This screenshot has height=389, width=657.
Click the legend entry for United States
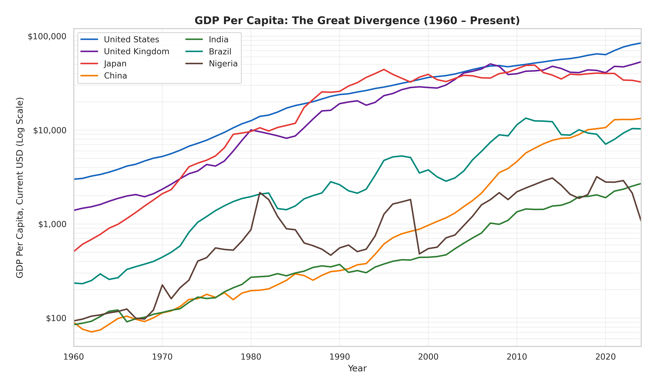131,40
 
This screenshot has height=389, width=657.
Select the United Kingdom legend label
136,52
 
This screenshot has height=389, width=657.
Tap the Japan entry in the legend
115,64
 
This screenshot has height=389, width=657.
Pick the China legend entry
115,76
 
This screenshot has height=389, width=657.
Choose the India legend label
218,40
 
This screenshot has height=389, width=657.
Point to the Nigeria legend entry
223,64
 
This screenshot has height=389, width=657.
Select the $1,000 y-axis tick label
52,224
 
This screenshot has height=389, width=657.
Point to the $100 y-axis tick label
56,318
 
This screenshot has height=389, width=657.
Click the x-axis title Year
357,368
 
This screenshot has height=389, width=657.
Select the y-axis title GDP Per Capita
20,188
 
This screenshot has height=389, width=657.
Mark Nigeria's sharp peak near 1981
260,193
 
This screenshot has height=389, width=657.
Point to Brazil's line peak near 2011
526,118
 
